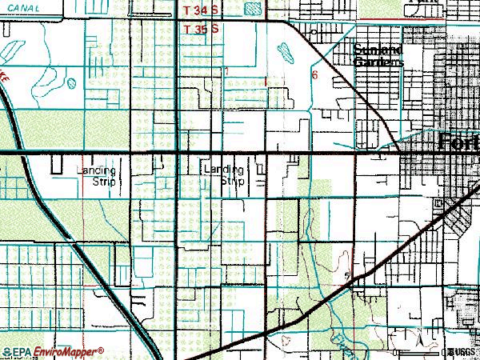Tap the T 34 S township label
[201, 10]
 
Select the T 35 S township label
[201, 28]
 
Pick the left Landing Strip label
[98, 175]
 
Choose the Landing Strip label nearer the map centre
[224, 175]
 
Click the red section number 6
[315, 75]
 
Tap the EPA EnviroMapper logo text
[56, 351]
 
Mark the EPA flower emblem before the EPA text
[6, 351]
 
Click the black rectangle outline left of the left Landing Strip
[57, 164]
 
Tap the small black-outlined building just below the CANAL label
[16, 29]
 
